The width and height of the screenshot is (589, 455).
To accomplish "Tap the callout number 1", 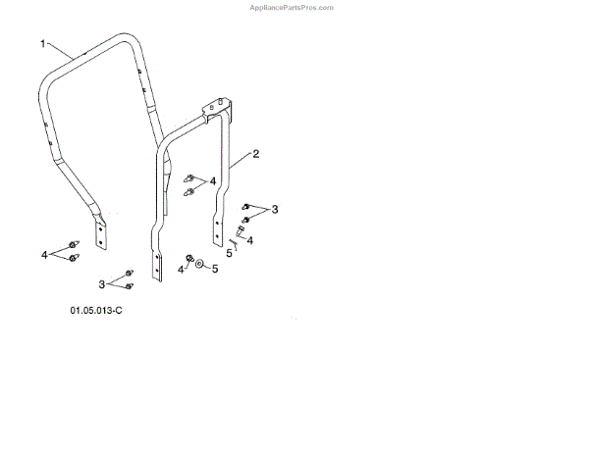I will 43,44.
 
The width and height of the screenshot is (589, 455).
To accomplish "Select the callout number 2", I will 256,154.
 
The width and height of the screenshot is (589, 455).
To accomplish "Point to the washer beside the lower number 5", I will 199,265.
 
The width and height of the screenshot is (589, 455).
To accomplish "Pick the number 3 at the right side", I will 276,209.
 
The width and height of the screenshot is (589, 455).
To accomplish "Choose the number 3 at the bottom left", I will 101,283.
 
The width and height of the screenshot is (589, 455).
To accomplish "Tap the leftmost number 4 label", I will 44,254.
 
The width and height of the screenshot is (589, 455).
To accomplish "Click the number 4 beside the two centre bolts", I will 213,181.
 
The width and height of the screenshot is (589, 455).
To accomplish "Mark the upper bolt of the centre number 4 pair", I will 190,177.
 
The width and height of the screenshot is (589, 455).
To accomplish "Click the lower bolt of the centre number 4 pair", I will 190,192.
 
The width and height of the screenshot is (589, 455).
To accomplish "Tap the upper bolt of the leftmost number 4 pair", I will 72,245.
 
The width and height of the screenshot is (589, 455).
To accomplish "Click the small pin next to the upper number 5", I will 234,242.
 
